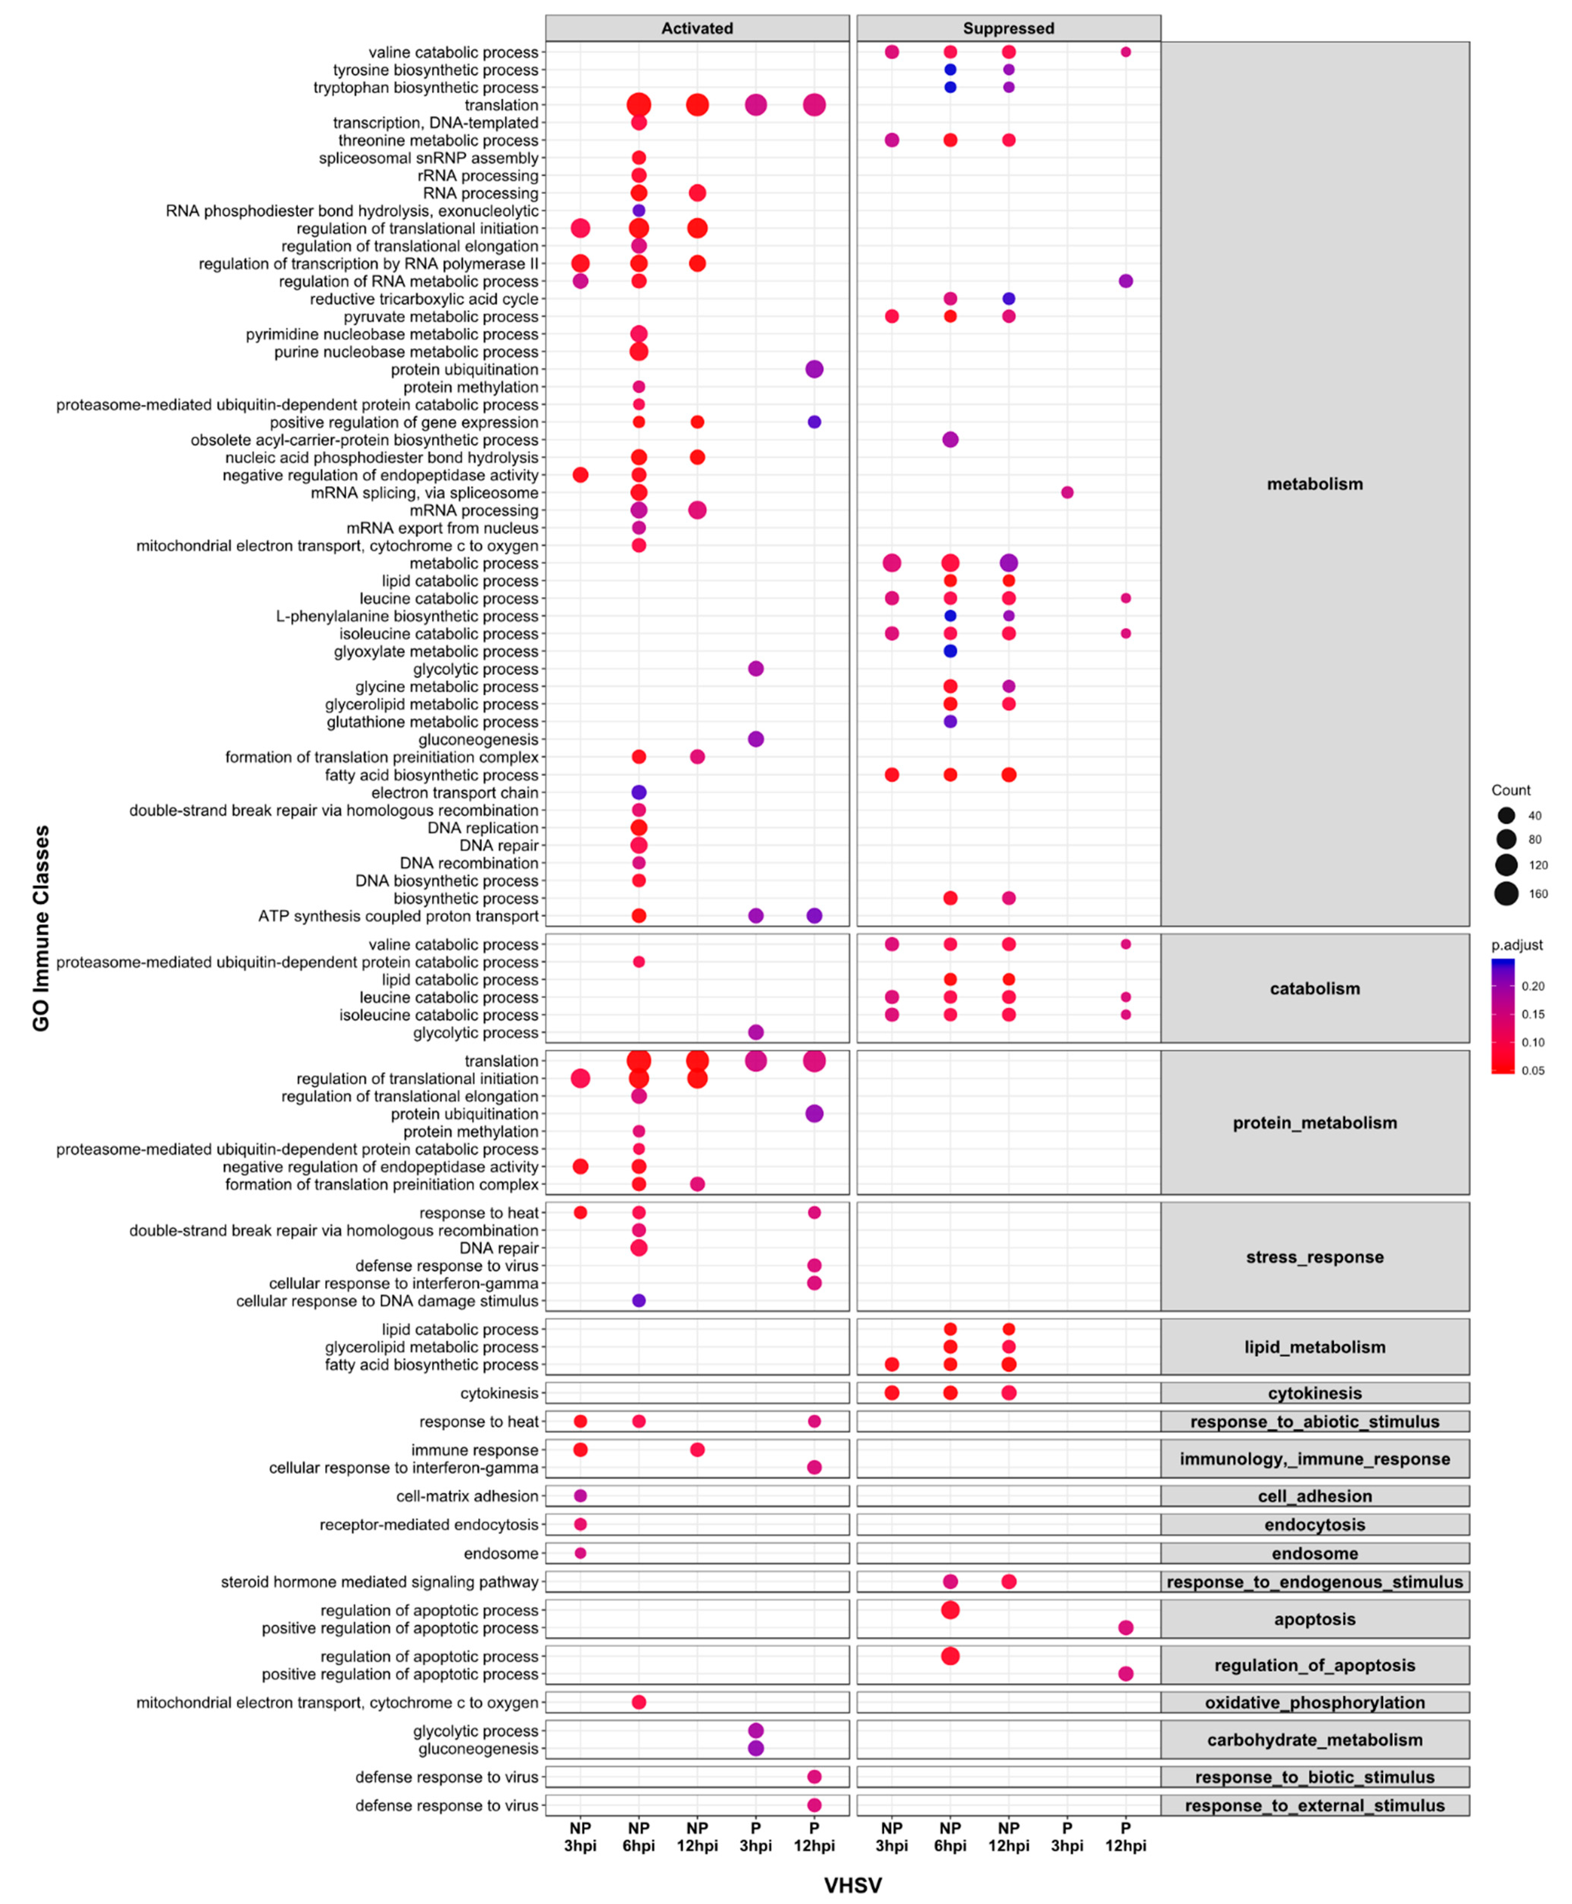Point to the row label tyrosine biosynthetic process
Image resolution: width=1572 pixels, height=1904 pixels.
point(435,70)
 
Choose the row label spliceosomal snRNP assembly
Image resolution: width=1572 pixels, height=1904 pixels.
point(428,158)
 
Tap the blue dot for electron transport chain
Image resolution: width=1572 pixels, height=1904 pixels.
point(638,793)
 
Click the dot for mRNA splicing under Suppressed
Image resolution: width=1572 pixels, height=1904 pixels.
point(1067,493)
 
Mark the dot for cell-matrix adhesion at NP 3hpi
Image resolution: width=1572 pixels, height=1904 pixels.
point(580,1496)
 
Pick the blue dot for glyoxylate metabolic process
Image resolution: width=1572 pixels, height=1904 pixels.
point(950,651)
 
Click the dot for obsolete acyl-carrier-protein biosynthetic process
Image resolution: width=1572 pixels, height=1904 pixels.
point(950,439)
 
